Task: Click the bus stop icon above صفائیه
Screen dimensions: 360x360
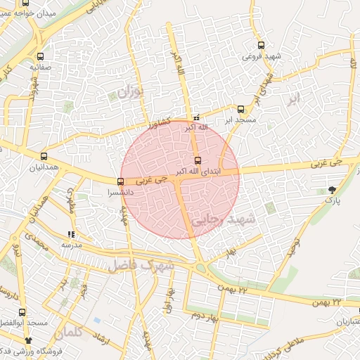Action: [40, 57]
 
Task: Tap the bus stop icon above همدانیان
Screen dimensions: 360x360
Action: [44, 157]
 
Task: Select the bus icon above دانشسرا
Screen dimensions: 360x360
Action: [121, 181]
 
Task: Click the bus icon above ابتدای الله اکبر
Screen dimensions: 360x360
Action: [197, 160]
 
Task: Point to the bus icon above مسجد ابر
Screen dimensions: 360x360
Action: [240, 109]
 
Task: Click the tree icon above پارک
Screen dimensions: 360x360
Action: [331, 190]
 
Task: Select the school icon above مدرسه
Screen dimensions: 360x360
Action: [71, 234]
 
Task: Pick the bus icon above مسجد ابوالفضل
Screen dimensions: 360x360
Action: [23, 311]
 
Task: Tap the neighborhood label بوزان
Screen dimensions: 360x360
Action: [130, 91]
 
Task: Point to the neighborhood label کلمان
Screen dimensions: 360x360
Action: [67, 328]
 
